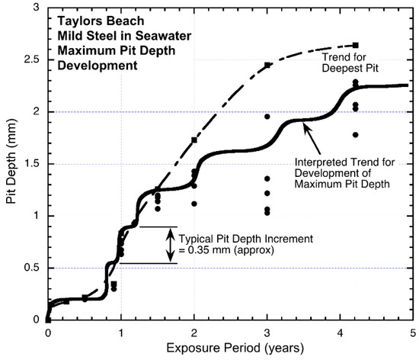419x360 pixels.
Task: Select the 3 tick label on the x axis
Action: [x=267, y=333]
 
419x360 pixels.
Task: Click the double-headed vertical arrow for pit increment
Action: [x=168, y=245]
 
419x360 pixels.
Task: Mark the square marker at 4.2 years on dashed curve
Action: [x=356, y=46]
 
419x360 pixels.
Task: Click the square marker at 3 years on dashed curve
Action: [x=267, y=66]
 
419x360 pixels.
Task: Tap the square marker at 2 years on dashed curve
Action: [x=194, y=140]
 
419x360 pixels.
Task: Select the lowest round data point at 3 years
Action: [x=267, y=213]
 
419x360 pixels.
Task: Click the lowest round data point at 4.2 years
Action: [x=356, y=135]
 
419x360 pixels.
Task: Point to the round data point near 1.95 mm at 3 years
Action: [x=267, y=117]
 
